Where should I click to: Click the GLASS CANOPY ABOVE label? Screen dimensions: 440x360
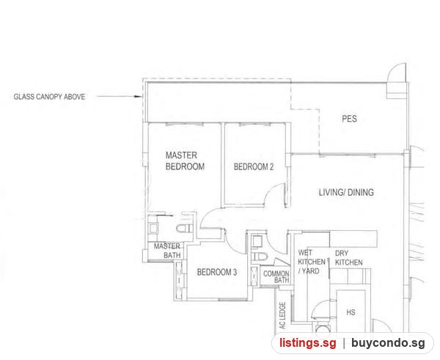[x=49, y=97]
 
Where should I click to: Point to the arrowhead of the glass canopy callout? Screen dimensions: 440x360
[x=139, y=97]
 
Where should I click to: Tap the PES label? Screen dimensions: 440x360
[x=349, y=119]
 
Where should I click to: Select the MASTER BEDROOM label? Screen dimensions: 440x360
[x=185, y=161]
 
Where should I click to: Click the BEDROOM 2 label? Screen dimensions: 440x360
[x=254, y=167]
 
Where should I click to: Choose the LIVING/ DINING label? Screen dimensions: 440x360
[x=346, y=193]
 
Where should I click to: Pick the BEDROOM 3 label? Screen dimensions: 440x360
[x=217, y=272]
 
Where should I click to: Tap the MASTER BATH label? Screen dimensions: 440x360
[x=167, y=251]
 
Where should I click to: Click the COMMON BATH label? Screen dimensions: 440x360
[x=276, y=276]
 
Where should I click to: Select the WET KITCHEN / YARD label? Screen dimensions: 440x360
[x=312, y=262]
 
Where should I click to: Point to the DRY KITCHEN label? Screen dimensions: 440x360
[x=349, y=258]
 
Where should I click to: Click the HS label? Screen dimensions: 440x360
[x=351, y=312]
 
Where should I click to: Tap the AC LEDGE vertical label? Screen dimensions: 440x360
[x=282, y=315]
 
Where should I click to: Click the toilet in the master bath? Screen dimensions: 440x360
[x=185, y=229]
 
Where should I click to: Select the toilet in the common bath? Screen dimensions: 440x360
[x=259, y=257]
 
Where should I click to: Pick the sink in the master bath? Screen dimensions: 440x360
[x=153, y=229]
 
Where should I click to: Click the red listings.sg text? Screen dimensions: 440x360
[x=307, y=343]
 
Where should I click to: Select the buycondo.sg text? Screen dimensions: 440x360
[x=388, y=343]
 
